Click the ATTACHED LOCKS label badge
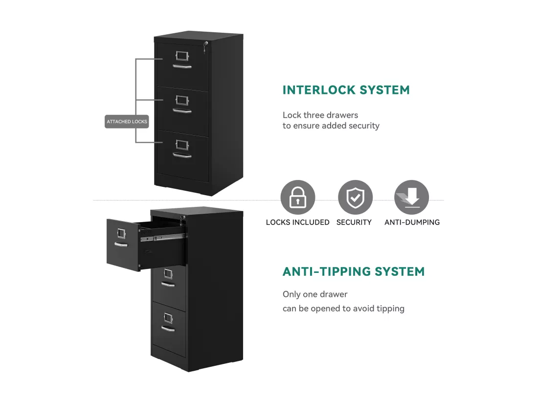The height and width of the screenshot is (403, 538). (127, 121)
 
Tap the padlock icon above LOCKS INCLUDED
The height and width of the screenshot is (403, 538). (297, 197)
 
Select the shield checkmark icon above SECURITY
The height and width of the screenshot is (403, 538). (355, 197)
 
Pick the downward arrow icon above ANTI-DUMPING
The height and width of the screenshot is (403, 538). (411, 197)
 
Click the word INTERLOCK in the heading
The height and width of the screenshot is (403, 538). (319, 90)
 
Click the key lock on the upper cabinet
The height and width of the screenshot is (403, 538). (205, 46)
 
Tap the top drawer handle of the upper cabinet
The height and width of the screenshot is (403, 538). (182, 66)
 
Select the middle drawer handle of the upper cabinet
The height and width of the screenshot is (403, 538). (182, 111)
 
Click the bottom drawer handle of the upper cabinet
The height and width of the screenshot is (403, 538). (182, 156)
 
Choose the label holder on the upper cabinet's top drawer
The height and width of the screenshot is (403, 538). (182, 56)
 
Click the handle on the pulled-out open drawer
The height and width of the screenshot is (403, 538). (121, 245)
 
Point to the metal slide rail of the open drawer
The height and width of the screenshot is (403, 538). (163, 237)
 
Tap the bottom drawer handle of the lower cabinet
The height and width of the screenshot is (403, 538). (168, 329)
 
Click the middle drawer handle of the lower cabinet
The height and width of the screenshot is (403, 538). (168, 284)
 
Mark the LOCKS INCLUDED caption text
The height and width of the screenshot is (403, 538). (297, 222)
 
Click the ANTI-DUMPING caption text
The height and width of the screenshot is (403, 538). (412, 222)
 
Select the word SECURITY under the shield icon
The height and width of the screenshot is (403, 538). (354, 222)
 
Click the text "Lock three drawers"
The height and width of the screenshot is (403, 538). (320, 115)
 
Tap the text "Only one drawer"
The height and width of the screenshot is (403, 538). (315, 294)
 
